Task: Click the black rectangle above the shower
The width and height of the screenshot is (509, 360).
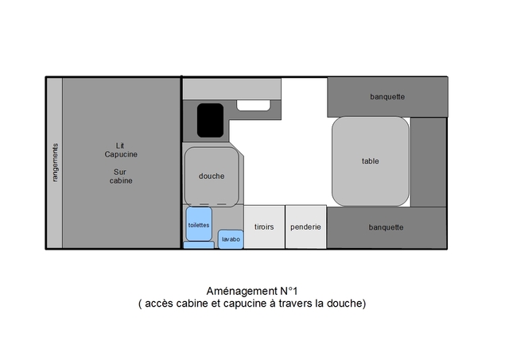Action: point(210,120)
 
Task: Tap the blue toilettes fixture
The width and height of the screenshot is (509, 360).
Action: point(199,224)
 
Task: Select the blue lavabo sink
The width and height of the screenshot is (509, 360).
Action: point(231,239)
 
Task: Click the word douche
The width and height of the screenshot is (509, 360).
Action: point(212,176)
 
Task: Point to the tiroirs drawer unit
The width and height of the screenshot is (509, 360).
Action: point(264,227)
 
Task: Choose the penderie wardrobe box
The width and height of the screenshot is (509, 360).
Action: point(305,227)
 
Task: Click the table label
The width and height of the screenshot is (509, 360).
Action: point(371,161)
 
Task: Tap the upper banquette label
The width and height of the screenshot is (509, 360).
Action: point(387,97)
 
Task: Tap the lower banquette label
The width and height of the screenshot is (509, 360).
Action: point(386,227)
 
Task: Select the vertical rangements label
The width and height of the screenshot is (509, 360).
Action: point(55,162)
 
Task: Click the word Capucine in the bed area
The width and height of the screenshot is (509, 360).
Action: point(121,154)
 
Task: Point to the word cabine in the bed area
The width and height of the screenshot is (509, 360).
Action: point(121,180)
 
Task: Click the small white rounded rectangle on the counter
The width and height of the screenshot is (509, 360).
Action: point(253,106)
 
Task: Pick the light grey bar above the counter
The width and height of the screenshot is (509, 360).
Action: point(231,89)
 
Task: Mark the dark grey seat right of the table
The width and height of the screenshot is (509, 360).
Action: point(429,162)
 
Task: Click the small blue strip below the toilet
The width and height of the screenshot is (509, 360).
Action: point(199,246)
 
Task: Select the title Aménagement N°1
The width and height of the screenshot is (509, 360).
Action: point(252,291)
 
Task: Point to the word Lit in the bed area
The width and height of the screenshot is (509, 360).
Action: point(120,145)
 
